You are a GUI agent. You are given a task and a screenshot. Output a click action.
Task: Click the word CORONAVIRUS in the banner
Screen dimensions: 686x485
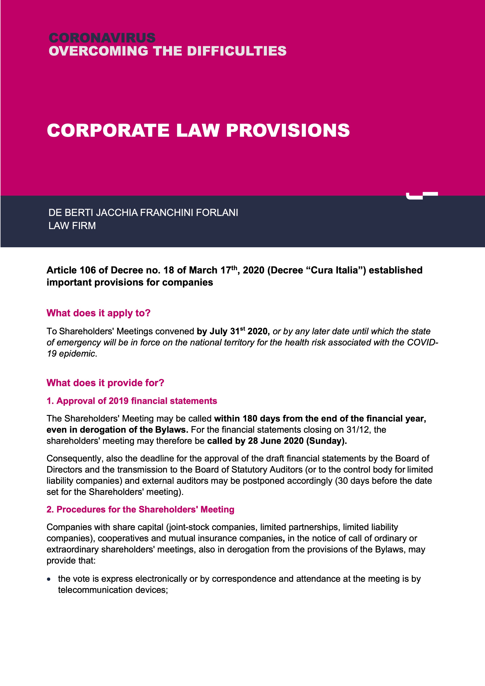click(x=102, y=38)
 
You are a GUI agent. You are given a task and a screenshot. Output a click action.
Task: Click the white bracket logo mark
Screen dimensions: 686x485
click(x=421, y=195)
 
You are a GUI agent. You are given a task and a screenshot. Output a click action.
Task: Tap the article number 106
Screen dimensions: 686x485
click(x=87, y=270)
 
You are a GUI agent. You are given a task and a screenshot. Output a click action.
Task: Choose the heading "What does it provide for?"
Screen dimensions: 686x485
click(x=105, y=383)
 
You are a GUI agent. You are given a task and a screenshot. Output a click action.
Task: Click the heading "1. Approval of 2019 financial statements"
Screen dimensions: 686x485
click(x=132, y=401)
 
